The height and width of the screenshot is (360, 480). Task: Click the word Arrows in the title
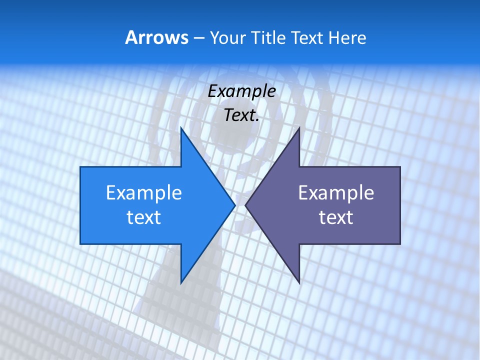(x=156, y=37)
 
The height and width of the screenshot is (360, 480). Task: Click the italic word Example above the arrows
(x=241, y=91)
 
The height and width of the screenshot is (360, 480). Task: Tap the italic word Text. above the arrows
(x=241, y=115)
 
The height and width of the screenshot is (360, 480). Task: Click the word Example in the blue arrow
(x=144, y=193)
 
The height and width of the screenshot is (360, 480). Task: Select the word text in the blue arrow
(x=144, y=217)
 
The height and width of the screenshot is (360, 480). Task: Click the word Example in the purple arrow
(x=336, y=193)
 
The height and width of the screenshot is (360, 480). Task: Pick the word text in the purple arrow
(x=336, y=217)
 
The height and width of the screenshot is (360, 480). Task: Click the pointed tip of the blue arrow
(x=234, y=205)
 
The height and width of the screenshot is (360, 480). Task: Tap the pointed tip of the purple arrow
(x=246, y=205)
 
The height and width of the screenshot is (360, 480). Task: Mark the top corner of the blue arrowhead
(x=181, y=128)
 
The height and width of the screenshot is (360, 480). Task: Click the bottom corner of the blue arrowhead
(x=181, y=282)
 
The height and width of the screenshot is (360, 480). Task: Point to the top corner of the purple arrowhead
(x=299, y=128)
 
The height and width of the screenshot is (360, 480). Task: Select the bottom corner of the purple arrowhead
(x=299, y=282)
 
